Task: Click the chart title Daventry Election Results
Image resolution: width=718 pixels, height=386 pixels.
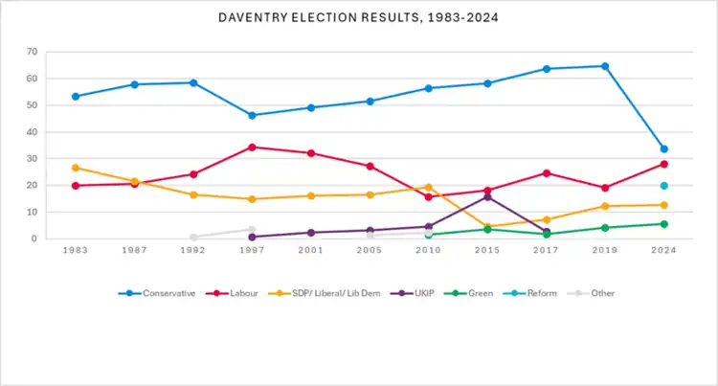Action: pos(359,18)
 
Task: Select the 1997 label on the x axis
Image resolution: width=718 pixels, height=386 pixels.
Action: pos(252,250)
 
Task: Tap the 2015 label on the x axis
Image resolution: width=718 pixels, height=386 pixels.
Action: pos(487,250)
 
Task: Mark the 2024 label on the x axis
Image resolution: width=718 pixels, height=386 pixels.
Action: pos(663,250)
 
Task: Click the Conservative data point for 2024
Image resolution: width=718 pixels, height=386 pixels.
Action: pos(663,148)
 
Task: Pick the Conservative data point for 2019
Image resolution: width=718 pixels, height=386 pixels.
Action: pos(605,66)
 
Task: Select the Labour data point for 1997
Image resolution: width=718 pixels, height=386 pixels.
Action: pos(252,147)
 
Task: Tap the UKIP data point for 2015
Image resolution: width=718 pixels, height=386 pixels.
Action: pos(487,196)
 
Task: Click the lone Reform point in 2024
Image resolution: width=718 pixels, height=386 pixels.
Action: pos(663,186)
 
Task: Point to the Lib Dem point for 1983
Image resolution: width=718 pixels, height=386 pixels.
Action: pos(76,168)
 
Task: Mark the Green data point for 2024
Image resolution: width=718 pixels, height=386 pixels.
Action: pos(663,224)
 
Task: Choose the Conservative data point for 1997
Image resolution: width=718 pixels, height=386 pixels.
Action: pos(252,115)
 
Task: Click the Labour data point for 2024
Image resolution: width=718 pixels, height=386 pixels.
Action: pos(663,164)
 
